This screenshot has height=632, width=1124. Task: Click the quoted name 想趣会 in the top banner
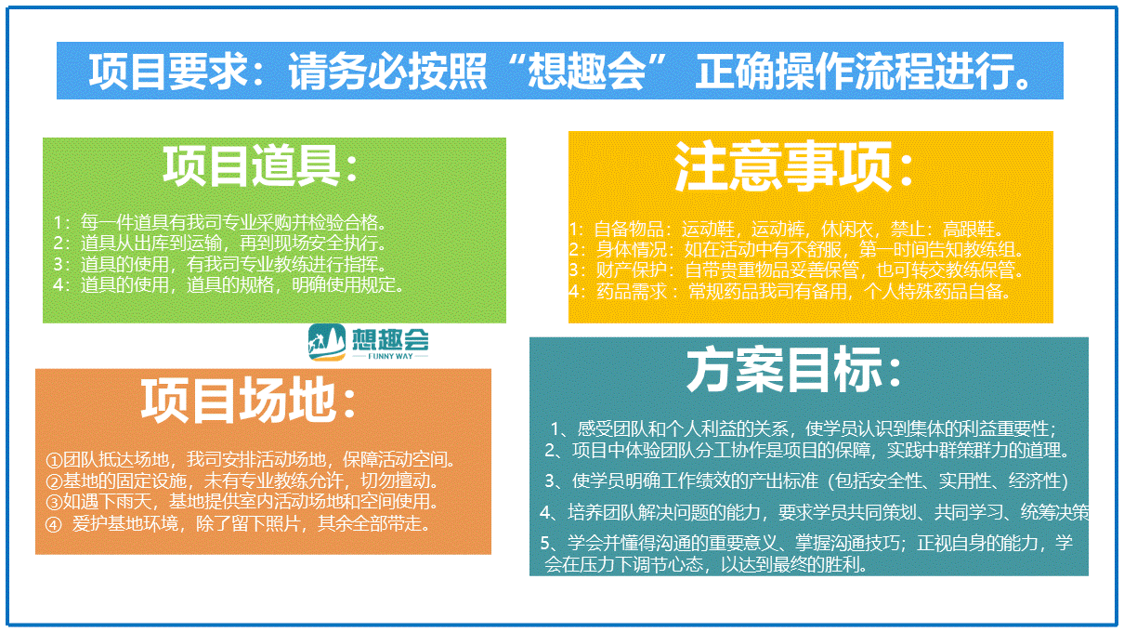[586, 71]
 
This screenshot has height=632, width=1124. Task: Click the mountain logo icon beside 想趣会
[327, 342]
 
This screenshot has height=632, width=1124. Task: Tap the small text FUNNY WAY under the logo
[390, 356]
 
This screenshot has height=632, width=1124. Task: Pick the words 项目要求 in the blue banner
[167, 71]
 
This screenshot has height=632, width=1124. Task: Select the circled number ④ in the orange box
[54, 525]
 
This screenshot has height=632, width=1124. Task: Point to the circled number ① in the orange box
[54, 460]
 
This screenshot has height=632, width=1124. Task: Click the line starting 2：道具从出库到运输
[220, 244]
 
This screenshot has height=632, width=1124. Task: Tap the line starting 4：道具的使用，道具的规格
[229, 285]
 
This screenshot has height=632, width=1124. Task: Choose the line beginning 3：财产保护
[796, 270]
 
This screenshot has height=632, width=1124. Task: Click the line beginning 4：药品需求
[790, 291]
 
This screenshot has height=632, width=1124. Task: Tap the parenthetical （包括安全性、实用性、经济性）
[948, 481]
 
